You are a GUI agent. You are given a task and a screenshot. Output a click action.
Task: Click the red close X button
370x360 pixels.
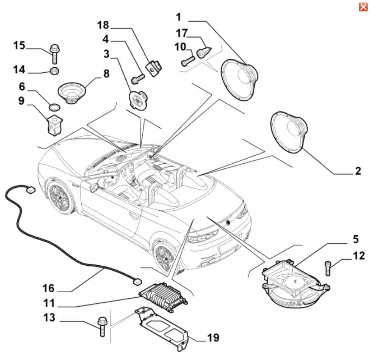tap(363, 7)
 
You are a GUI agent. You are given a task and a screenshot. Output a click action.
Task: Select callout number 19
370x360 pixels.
tap(213, 338)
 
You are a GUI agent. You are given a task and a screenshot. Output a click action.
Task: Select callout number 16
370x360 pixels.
tap(48, 288)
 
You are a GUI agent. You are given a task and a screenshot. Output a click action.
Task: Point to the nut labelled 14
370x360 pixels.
tap(54, 70)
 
